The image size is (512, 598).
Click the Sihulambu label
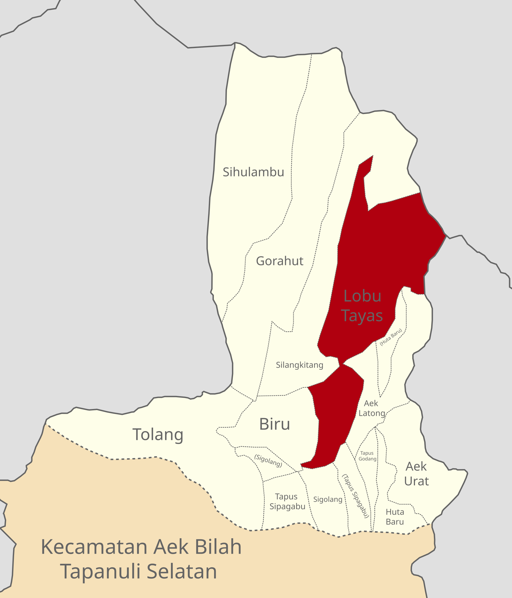pyautogui.click(x=253, y=172)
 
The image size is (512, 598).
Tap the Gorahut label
pyautogui.click(x=279, y=261)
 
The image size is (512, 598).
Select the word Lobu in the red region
pyautogui.click(x=362, y=296)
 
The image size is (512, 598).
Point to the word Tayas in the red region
pyautogui.click(x=362, y=316)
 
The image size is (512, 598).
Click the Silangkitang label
pyautogui.click(x=299, y=365)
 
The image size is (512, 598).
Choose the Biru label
pyautogui.click(x=274, y=424)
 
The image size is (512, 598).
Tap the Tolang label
pyautogui.click(x=158, y=435)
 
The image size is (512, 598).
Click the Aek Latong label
pyautogui.click(x=372, y=408)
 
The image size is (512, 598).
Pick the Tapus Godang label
pyautogui.click(x=367, y=456)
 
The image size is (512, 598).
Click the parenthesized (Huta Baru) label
pyautogui.click(x=391, y=337)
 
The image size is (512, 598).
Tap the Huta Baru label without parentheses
pyautogui.click(x=395, y=517)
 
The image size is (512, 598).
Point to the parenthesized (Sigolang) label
pyautogui.click(x=268, y=461)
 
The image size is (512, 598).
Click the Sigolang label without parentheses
pyautogui.click(x=328, y=499)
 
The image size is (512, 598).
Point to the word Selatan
pyautogui.click(x=182, y=572)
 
